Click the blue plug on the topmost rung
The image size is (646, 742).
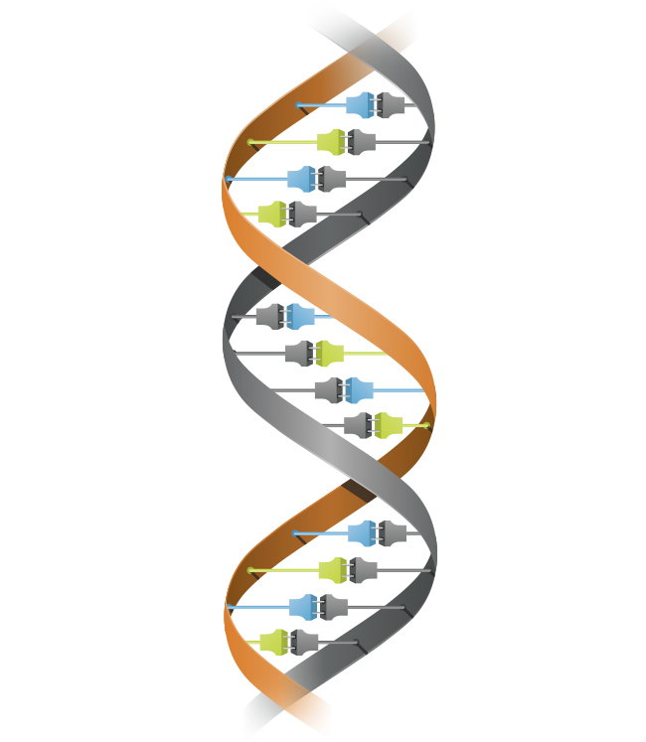361,105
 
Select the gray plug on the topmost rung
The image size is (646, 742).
392,105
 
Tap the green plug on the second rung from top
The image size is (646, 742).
331,142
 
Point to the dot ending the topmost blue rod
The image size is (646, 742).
298,105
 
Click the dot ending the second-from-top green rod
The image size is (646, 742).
250,142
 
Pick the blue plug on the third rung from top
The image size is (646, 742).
301,179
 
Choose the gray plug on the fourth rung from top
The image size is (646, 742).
302,214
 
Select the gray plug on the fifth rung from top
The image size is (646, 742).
269,317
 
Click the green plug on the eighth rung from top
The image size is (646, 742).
389,425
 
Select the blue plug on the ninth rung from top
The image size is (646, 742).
362,533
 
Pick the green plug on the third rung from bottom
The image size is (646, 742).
332,570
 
